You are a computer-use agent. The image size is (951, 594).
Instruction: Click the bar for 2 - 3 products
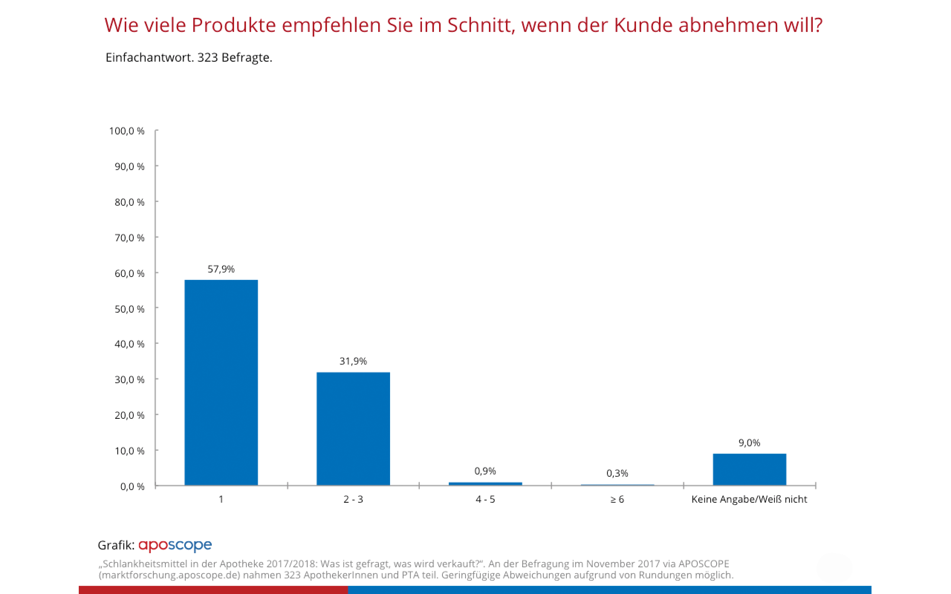[x=353, y=428]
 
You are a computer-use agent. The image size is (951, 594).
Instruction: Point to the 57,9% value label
[x=221, y=269]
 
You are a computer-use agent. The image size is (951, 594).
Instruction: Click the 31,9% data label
[x=353, y=361]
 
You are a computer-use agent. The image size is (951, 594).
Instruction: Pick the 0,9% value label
[x=485, y=471]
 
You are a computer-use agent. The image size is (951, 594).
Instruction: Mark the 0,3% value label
[x=617, y=473]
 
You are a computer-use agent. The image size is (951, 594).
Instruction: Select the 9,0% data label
[x=749, y=443]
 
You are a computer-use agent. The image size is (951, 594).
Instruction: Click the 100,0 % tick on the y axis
[x=127, y=131]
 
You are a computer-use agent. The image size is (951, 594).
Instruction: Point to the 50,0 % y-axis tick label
[x=129, y=309]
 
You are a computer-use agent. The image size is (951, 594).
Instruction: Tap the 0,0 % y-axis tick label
[x=132, y=487]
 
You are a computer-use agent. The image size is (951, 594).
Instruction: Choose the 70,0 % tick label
[x=129, y=238]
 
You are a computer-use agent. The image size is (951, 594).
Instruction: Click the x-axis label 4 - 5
[x=485, y=499]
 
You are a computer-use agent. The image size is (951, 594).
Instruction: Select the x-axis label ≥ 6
[x=617, y=499]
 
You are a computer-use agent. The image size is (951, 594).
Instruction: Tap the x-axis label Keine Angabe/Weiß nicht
[x=749, y=499]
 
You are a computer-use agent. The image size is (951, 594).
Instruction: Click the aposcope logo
[x=175, y=545]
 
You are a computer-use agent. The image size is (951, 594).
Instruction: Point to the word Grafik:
[x=116, y=545]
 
